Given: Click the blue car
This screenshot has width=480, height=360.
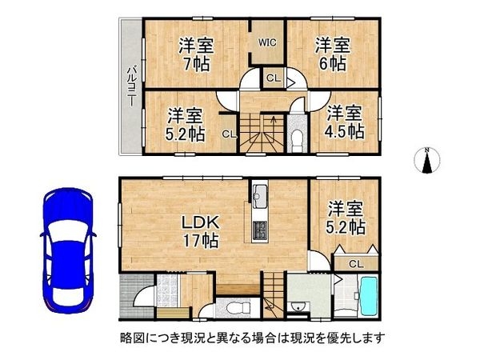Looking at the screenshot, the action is pyautogui.click(x=68, y=250).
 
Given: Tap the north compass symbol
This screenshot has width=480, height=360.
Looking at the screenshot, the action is pyautogui.click(x=426, y=160).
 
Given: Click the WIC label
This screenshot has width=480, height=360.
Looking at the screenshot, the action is pyautogui.click(x=267, y=42).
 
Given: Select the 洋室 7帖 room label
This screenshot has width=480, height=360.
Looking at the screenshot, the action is pyautogui.click(x=196, y=54).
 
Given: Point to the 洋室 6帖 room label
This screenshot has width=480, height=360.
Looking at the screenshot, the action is pyautogui.click(x=333, y=54).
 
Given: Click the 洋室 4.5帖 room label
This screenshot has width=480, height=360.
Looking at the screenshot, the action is pyautogui.click(x=345, y=122).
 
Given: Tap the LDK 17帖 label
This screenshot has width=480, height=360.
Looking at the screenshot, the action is pyautogui.click(x=201, y=231).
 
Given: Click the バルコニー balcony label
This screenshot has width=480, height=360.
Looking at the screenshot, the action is pyautogui.click(x=132, y=86).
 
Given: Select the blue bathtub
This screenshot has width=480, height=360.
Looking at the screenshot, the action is pyautogui.click(x=369, y=297).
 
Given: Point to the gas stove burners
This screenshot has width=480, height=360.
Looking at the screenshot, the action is pyautogui.click(x=260, y=230).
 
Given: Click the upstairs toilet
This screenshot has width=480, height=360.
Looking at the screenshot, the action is pyautogui.click(x=297, y=140).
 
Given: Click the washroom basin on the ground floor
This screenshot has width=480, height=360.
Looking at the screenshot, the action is pyautogui.click(x=296, y=306).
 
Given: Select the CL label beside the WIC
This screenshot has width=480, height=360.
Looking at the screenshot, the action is pyautogui.click(x=274, y=78).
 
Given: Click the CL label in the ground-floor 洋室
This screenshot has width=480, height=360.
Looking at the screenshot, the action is pyautogui.click(x=356, y=263).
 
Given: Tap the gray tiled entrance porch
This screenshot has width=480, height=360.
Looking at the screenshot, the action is pyautogui.click(x=136, y=296).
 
